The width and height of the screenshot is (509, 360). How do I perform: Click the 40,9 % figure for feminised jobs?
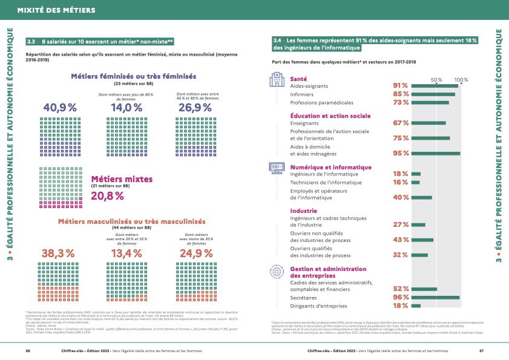(x=61, y=107)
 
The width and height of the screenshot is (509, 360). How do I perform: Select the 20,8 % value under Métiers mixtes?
(x=107, y=195)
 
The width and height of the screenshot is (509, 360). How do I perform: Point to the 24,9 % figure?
(x=195, y=254)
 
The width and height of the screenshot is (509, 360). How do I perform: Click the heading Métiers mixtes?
(x=120, y=179)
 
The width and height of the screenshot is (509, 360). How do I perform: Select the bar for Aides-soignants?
(x=435, y=86)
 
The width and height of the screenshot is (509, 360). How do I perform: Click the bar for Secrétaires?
(x=435, y=297)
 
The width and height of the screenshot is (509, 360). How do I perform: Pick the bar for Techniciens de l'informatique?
(x=415, y=182)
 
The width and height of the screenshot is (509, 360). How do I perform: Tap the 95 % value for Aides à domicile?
(x=401, y=154)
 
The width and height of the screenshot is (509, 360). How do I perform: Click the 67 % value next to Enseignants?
(x=401, y=123)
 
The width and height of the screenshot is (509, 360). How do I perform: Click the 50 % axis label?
(x=436, y=80)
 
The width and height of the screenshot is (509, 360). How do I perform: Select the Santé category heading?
(x=298, y=79)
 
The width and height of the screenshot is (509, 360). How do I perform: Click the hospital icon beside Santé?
(x=275, y=80)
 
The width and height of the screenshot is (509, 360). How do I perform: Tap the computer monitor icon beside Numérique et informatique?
(x=275, y=167)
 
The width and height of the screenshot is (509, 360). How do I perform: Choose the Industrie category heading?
(x=303, y=211)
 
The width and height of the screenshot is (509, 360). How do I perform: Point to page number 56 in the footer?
(x=28, y=350)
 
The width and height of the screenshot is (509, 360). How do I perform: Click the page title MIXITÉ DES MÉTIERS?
(x=51, y=10)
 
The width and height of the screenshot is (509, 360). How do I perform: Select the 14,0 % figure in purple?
(x=126, y=107)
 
